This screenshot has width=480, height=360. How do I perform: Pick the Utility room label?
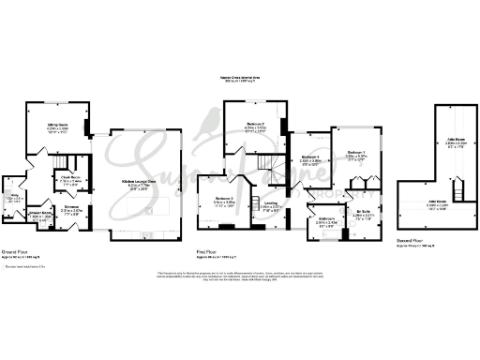coord(14,198)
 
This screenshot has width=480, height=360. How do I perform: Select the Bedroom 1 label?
coord(355,151)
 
